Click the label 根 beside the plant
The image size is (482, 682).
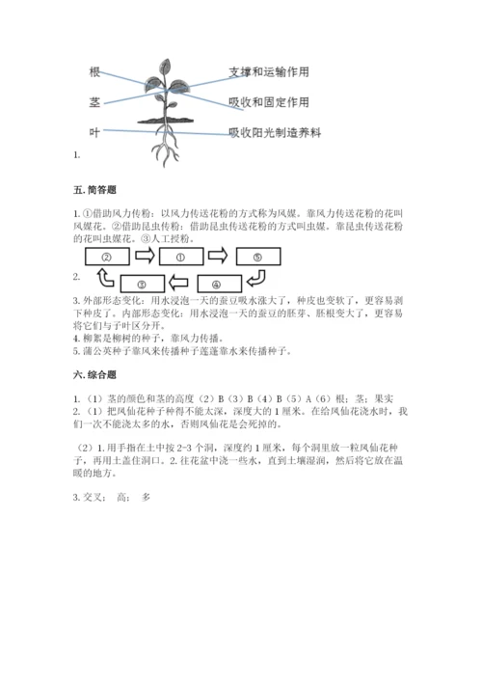coord(94,71)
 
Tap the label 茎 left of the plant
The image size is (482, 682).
coord(94,100)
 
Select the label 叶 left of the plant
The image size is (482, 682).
coord(94,131)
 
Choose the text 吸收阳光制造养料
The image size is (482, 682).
coord(274,132)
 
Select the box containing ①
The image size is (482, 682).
coord(181,258)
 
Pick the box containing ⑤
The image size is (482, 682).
coord(256,258)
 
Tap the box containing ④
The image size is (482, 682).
coord(219,284)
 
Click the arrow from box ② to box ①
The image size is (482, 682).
coord(145,258)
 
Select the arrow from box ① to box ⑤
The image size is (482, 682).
coord(219,258)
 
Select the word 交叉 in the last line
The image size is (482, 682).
coord(94,498)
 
